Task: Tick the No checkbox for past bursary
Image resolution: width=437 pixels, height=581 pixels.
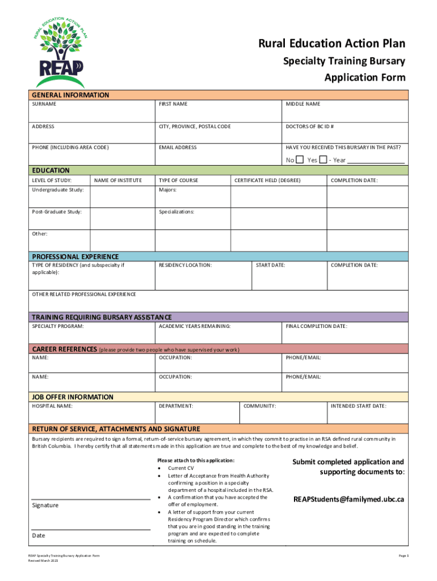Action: (x=300, y=160)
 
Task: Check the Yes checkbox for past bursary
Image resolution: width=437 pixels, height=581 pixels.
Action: (x=323, y=160)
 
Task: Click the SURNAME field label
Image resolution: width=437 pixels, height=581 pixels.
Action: (x=44, y=104)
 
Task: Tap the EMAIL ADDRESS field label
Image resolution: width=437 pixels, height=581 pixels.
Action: (x=178, y=148)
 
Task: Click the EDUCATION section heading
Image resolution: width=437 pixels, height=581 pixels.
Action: (x=51, y=170)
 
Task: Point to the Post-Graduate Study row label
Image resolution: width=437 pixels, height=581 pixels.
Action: (x=57, y=212)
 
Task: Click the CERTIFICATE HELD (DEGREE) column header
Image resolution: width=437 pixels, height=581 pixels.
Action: (x=267, y=180)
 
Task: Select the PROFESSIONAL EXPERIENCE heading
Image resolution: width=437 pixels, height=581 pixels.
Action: (x=75, y=256)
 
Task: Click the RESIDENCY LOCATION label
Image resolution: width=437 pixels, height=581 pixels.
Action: (x=185, y=265)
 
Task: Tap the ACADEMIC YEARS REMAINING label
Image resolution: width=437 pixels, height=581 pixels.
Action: (x=195, y=326)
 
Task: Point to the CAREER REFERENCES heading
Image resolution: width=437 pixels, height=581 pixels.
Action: (x=64, y=350)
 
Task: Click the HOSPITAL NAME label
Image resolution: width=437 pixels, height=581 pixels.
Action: (x=52, y=406)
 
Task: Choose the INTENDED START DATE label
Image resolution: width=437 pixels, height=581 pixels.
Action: (x=358, y=406)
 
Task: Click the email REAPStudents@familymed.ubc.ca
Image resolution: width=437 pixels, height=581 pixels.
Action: (x=348, y=500)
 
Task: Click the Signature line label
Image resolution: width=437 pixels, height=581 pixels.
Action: (x=45, y=505)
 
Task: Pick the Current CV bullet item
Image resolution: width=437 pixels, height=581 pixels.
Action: (x=180, y=468)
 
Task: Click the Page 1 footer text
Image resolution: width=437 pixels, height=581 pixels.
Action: (x=404, y=556)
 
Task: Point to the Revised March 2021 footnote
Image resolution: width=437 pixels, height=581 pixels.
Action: (x=44, y=561)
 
